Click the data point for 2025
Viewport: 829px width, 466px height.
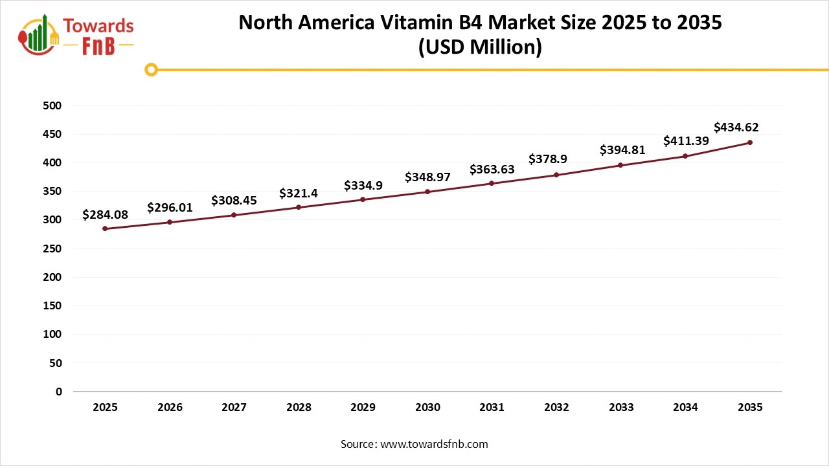[x=105, y=228]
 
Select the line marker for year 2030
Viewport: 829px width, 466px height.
[x=427, y=192]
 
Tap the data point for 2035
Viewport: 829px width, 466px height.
[x=750, y=142]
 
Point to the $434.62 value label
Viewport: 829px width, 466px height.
[x=736, y=128]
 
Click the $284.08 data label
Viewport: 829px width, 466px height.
[x=105, y=214]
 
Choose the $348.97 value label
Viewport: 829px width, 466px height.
[x=427, y=177]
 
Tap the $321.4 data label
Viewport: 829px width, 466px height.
[x=299, y=193]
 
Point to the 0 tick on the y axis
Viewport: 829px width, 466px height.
[x=59, y=392]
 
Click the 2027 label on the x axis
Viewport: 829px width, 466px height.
[x=234, y=408]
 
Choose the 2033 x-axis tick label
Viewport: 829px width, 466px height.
[x=621, y=408]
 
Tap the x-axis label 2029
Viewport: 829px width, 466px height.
[x=363, y=408]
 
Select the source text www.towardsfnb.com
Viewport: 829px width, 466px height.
[x=434, y=444]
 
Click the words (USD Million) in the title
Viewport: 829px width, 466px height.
[x=480, y=47]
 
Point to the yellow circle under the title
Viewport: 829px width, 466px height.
[x=151, y=69]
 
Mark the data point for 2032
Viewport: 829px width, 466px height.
[x=556, y=175]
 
